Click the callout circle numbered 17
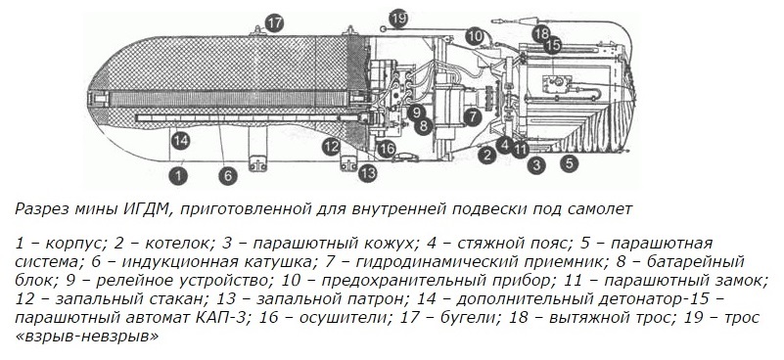point(274,23)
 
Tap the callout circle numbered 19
point(398,19)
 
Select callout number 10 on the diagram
point(475,36)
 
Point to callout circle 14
point(180,141)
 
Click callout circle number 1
point(177,176)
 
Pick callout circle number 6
point(227,176)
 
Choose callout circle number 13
point(367,173)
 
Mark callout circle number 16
point(387,149)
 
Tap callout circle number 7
point(471,116)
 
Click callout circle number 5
point(569,163)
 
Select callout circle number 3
point(536,164)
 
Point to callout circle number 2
point(486,155)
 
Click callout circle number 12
point(331,147)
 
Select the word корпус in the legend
point(73,245)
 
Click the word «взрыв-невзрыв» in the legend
point(87,336)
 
